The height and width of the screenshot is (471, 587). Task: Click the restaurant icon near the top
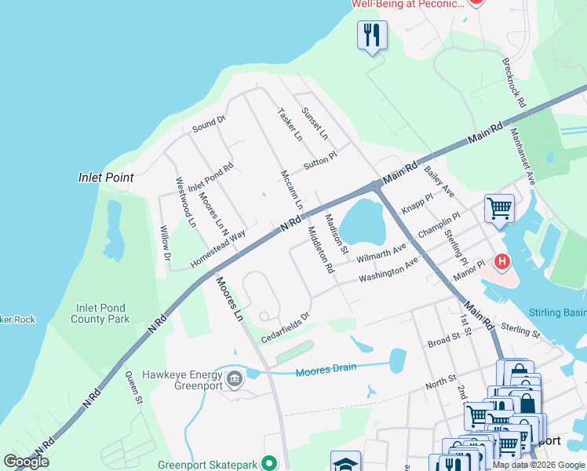click(x=372, y=35)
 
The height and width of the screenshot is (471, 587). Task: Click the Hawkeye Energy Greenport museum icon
click(x=234, y=381)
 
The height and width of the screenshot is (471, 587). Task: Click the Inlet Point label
click(x=106, y=177)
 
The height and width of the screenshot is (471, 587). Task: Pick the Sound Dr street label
click(x=209, y=123)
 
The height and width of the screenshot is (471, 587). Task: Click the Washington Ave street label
click(x=388, y=270)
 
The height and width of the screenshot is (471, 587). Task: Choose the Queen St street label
click(x=133, y=388)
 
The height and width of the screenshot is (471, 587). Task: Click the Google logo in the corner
click(x=26, y=462)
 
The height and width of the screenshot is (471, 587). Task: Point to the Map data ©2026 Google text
click(x=538, y=465)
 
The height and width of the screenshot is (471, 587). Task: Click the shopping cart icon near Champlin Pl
click(x=499, y=209)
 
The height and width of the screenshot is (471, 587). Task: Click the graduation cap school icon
click(x=345, y=462)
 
